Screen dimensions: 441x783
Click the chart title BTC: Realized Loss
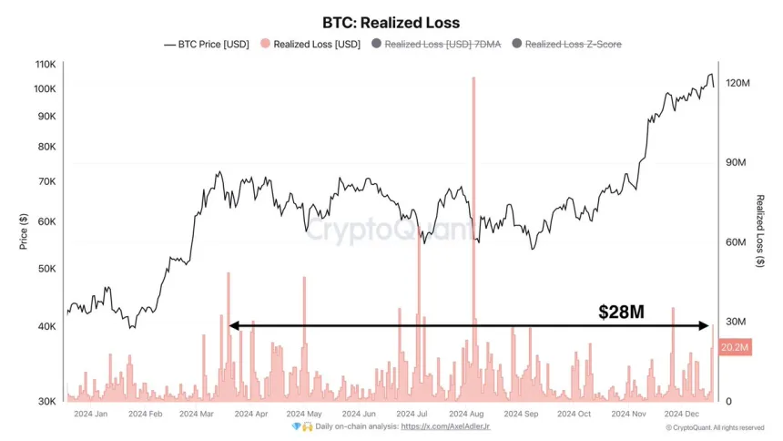coord(391,22)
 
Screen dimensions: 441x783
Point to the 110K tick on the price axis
coord(45,65)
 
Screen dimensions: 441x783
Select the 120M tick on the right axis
coord(738,83)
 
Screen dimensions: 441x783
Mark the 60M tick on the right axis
coord(737,242)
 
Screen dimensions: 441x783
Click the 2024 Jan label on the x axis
coord(89,414)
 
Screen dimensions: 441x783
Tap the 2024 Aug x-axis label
coord(472,414)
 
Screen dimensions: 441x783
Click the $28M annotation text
coord(621,312)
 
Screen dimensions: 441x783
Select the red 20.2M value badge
coord(735,348)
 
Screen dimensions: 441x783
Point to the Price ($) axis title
coord(24,232)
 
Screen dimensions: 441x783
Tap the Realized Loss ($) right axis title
coord(760,232)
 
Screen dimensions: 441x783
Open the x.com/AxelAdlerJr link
coord(445,426)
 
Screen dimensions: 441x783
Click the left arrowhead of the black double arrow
coord(231,325)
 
